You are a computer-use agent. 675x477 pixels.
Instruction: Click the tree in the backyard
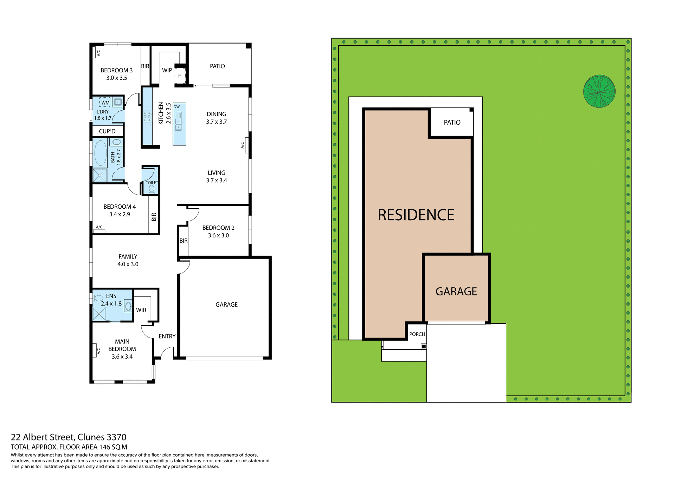(x=599, y=91)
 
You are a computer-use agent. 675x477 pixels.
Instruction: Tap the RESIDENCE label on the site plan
(x=416, y=215)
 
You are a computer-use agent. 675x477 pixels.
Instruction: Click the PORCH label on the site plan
(x=417, y=334)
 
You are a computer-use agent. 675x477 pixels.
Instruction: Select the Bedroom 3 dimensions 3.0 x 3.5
(x=117, y=78)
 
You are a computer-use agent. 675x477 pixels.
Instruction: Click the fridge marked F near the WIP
(x=180, y=76)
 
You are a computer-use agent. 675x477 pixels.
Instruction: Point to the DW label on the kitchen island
(x=176, y=107)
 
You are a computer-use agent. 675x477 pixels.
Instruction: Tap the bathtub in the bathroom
(x=101, y=153)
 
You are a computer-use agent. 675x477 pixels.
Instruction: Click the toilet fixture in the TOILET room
(x=152, y=189)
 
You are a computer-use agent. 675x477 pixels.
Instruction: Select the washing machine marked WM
(x=105, y=103)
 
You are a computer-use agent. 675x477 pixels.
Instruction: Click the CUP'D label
(x=107, y=131)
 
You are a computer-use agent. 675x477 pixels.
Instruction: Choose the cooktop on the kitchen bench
(x=147, y=116)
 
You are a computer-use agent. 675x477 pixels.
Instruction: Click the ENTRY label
(x=167, y=336)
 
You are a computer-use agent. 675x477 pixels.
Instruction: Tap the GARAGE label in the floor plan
(x=226, y=305)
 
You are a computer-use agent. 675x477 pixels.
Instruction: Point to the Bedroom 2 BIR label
(x=184, y=241)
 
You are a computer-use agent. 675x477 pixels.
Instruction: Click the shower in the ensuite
(x=99, y=314)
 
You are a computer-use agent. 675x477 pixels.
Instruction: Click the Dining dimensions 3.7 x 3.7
(x=217, y=122)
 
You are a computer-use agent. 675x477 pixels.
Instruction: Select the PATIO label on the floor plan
(x=217, y=66)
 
